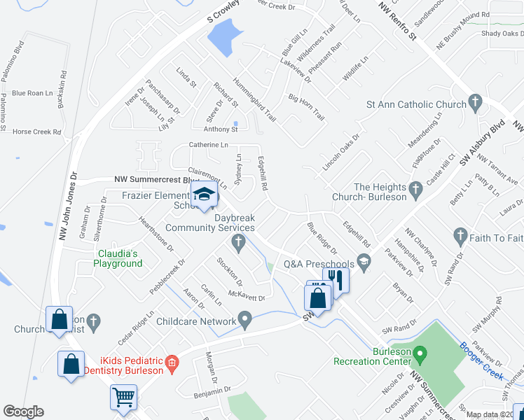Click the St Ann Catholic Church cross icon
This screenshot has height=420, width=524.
(x=475, y=104)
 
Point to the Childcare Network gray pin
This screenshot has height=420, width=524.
(x=244, y=320)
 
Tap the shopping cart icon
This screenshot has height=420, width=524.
(x=124, y=397)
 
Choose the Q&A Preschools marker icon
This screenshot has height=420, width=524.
(x=363, y=263)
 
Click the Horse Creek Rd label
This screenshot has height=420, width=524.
(x=38, y=132)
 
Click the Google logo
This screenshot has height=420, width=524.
(x=23, y=412)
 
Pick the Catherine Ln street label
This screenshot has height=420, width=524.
(x=208, y=145)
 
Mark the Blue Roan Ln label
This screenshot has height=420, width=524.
(x=32, y=93)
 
